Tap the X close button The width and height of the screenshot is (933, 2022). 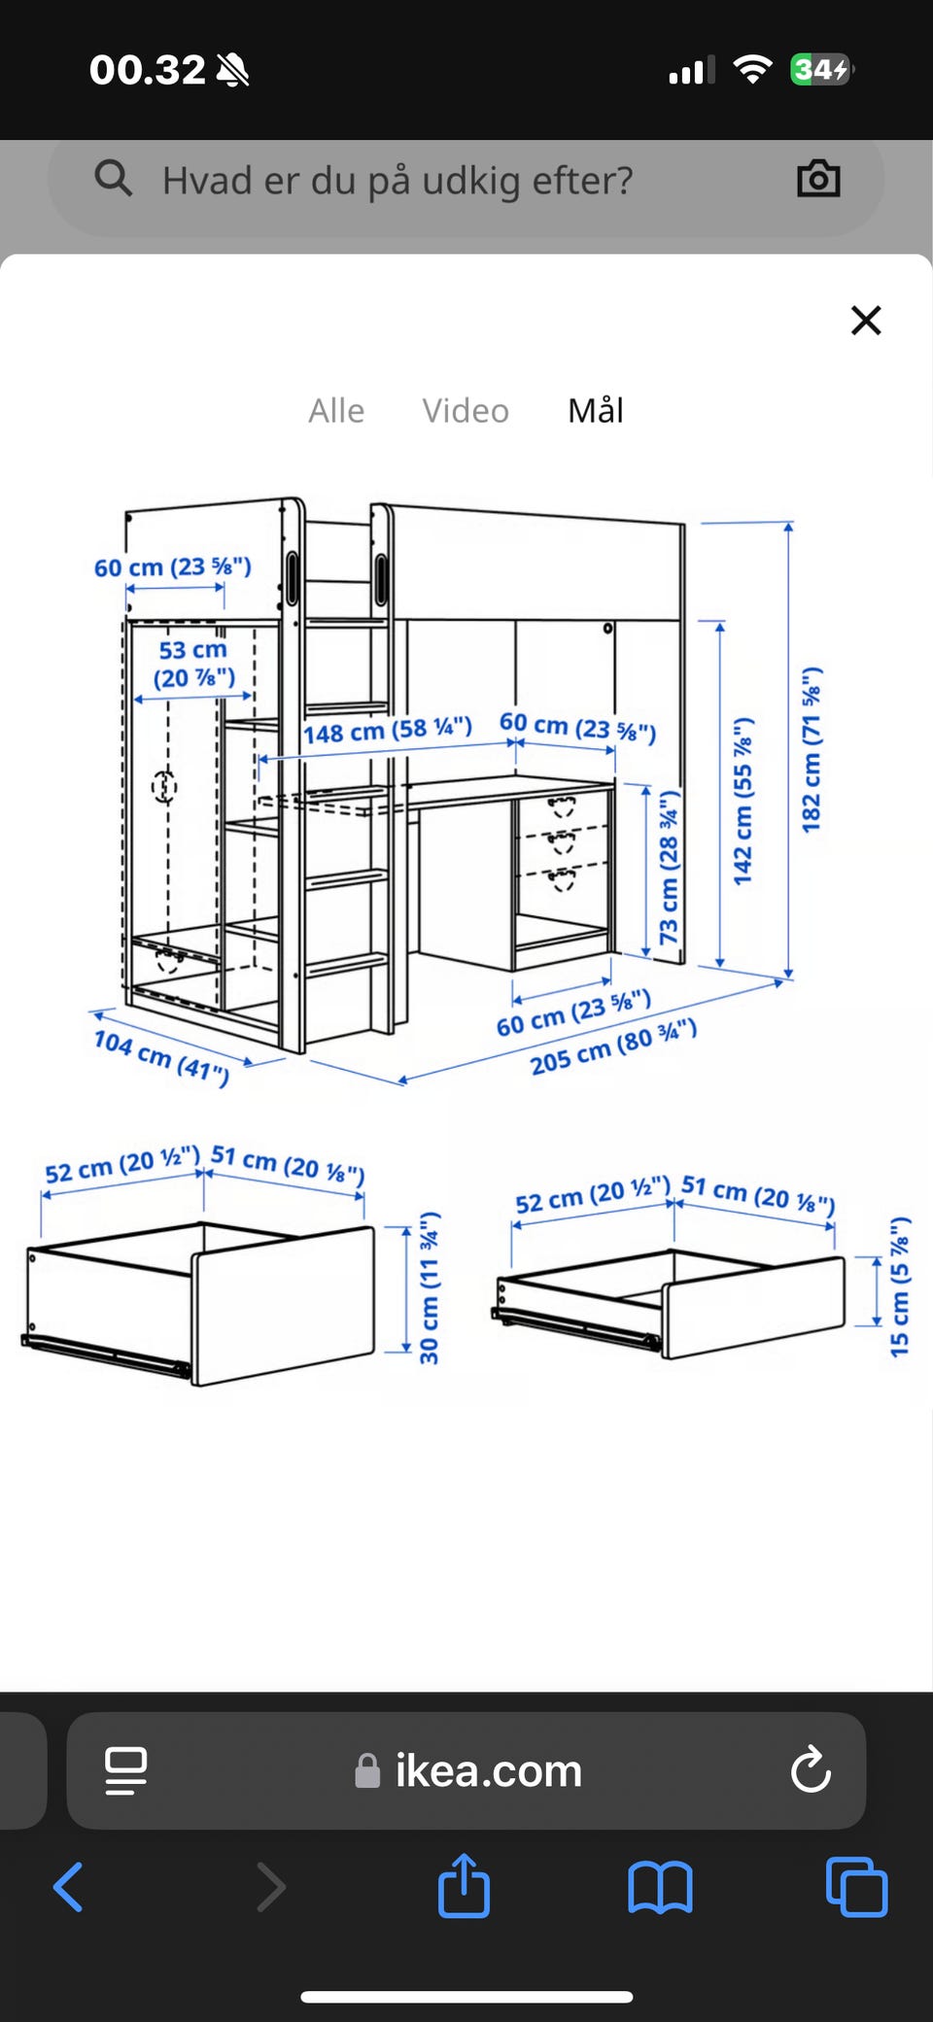(x=866, y=320)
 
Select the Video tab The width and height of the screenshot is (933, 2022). (x=466, y=411)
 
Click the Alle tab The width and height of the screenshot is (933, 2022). (x=336, y=411)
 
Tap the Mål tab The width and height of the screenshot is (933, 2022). (x=596, y=410)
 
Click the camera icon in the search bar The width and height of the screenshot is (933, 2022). (x=818, y=179)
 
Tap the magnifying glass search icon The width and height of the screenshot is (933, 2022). (x=114, y=179)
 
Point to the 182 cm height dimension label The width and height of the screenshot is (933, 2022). (x=812, y=749)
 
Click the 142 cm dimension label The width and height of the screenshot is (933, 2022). (x=743, y=801)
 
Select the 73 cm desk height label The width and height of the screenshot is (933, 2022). (x=669, y=867)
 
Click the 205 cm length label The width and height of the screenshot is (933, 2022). (x=613, y=1046)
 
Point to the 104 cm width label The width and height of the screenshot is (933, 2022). (x=161, y=1057)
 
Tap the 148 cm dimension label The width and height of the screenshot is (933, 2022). (x=388, y=730)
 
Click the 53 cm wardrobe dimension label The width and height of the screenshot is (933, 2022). (x=193, y=664)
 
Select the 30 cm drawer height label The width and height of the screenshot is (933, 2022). (x=430, y=1287)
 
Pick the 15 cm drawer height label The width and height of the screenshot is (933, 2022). (x=900, y=1286)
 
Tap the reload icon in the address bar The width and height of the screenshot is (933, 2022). (x=811, y=1769)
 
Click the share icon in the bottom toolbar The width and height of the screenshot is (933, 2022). (x=464, y=1885)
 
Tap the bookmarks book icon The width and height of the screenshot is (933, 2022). (x=660, y=1887)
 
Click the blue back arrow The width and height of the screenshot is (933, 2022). (x=68, y=1887)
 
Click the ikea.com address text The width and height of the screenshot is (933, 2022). (x=488, y=1770)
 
